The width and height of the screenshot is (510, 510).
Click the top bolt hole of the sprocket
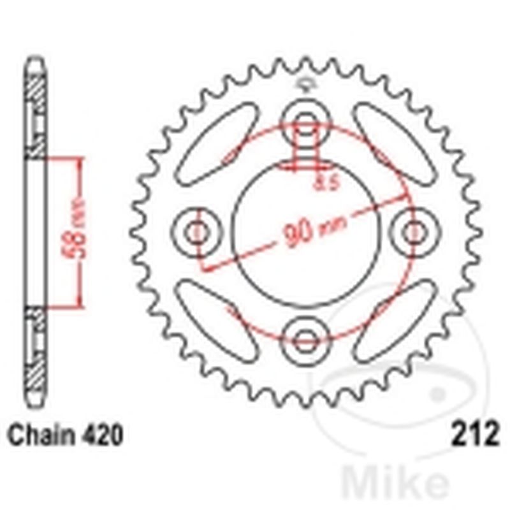tap(305, 121)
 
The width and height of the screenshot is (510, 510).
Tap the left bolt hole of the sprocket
tap(196, 231)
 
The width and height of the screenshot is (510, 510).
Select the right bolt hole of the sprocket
tap(414, 231)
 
